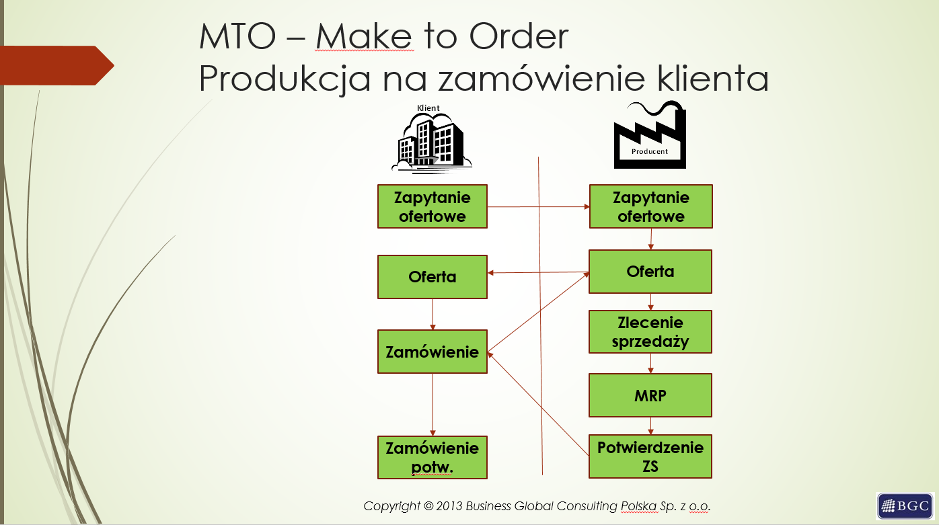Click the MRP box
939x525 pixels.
[x=650, y=395]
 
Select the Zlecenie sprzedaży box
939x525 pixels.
[x=650, y=332]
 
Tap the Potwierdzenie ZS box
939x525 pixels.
[x=650, y=456]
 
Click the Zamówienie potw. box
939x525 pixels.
[x=433, y=457]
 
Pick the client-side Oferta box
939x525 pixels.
[x=433, y=276]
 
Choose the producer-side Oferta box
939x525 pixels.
[x=650, y=272]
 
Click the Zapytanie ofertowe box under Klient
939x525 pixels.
[x=433, y=206]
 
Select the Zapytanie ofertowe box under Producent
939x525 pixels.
[x=650, y=206]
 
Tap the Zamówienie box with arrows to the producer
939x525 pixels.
[x=433, y=352]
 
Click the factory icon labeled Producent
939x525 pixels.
[x=650, y=135]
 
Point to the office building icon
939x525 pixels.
[x=432, y=143]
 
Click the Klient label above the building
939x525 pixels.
[x=428, y=108]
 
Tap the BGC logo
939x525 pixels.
[x=905, y=506]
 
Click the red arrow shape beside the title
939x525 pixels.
[x=57, y=65]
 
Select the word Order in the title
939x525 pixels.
[x=519, y=36]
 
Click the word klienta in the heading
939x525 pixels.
[x=712, y=78]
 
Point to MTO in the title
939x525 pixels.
[x=237, y=36]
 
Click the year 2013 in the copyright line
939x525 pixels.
[x=449, y=506]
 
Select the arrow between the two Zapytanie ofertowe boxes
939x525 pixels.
[x=538, y=206]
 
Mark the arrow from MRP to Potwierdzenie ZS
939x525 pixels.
[x=650, y=426]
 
